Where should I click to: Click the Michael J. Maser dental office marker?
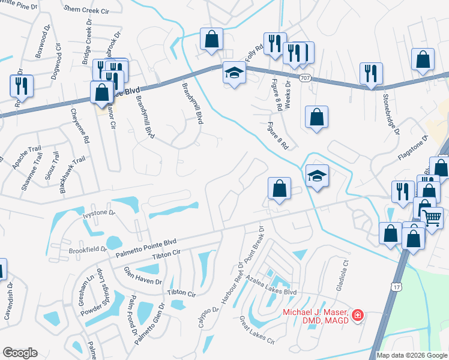357,315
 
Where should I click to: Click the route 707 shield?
305,78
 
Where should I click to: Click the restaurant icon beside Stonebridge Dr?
371,74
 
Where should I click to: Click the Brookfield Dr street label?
88,249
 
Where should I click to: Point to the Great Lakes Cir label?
256,331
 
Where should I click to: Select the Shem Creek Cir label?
86,10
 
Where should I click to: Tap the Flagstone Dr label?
412,148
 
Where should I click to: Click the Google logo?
20,352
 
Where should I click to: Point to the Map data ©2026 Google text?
411,355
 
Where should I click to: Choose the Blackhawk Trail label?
72,175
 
